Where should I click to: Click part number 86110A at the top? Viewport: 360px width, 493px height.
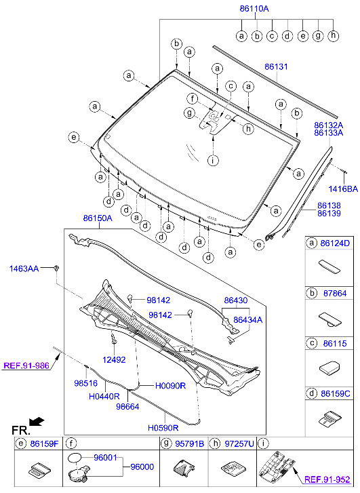(x=254, y=9)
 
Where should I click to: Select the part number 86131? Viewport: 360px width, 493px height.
(x=276, y=67)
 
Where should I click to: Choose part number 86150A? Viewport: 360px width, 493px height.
(x=98, y=218)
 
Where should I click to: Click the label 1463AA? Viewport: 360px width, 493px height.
(x=24, y=269)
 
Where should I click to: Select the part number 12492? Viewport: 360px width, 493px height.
(x=114, y=359)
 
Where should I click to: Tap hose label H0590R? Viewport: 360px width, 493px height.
(x=163, y=428)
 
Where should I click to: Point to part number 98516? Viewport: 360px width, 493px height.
(x=85, y=383)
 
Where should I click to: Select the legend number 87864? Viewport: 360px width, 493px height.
(x=335, y=294)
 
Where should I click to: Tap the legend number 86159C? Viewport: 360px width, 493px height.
(x=337, y=393)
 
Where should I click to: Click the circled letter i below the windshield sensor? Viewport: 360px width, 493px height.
(x=213, y=161)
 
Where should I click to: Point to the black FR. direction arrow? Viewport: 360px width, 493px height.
(x=37, y=421)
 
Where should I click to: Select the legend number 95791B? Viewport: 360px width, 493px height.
(x=191, y=444)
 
